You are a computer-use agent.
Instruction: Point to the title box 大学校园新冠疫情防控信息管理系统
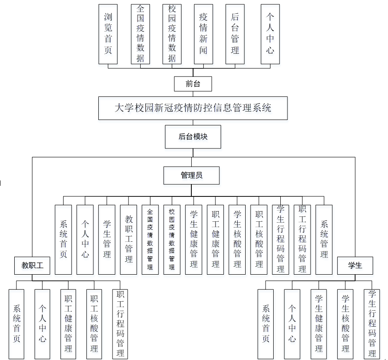tap(193, 108)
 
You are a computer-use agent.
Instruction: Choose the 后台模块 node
tap(193, 137)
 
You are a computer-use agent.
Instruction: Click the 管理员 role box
tap(191, 175)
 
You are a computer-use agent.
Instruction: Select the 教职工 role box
tap(32, 265)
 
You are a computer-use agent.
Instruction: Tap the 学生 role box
tap(355, 265)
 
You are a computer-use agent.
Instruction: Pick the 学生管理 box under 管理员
tap(107, 240)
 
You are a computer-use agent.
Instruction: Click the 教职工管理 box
tap(129, 240)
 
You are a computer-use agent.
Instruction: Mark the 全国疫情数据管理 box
tap(150, 240)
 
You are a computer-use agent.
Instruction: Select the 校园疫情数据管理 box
tap(172, 240)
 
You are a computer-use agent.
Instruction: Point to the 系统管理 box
tap(324, 240)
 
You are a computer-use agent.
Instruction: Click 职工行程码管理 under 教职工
tap(120, 324)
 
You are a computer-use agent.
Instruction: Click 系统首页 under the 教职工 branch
tap(16, 324)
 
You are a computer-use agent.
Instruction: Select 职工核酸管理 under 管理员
tap(259, 240)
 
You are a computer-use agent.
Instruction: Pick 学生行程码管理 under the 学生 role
tap(372, 324)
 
